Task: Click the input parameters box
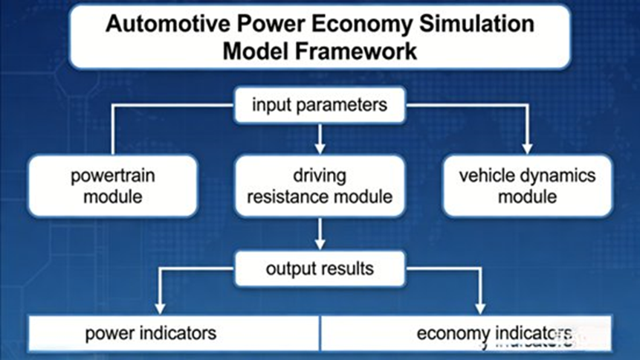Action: click(x=320, y=105)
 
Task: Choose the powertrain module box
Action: click(x=112, y=186)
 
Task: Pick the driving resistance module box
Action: click(x=320, y=186)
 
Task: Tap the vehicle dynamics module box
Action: click(x=527, y=186)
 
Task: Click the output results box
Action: click(x=320, y=269)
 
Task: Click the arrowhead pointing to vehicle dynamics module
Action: click(x=527, y=148)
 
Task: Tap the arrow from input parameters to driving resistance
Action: click(x=320, y=136)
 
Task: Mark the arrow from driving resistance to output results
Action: click(x=320, y=234)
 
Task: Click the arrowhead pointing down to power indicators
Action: click(x=158, y=306)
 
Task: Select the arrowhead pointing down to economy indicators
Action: click(x=481, y=306)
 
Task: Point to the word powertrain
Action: click(x=112, y=177)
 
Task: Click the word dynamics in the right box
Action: click(x=560, y=177)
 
